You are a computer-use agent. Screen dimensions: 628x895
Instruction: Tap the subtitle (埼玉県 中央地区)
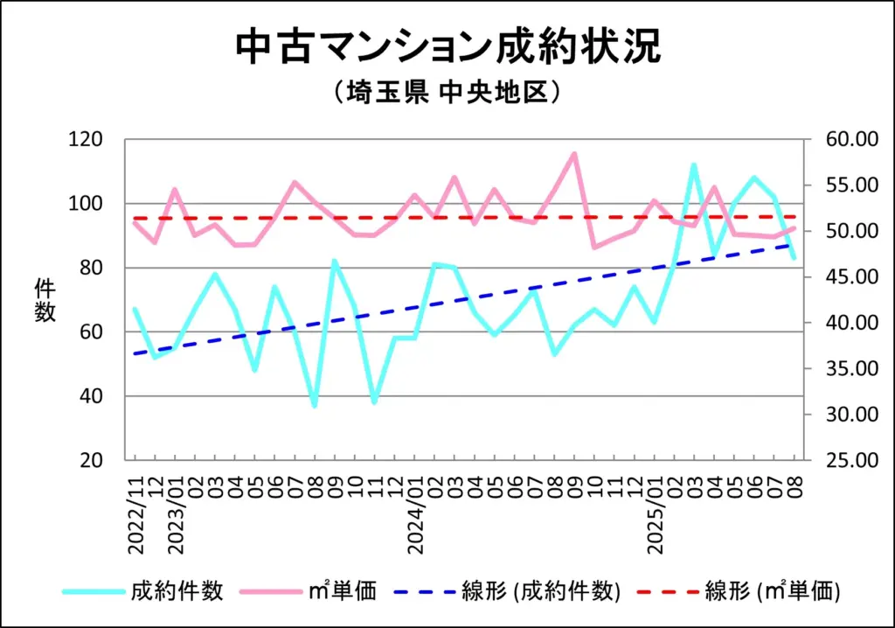(x=447, y=92)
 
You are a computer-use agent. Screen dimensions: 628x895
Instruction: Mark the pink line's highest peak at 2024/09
(x=574, y=154)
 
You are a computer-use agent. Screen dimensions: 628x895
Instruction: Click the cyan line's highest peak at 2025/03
(x=693, y=164)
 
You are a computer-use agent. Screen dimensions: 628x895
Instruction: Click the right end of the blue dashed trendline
(x=793, y=245)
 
